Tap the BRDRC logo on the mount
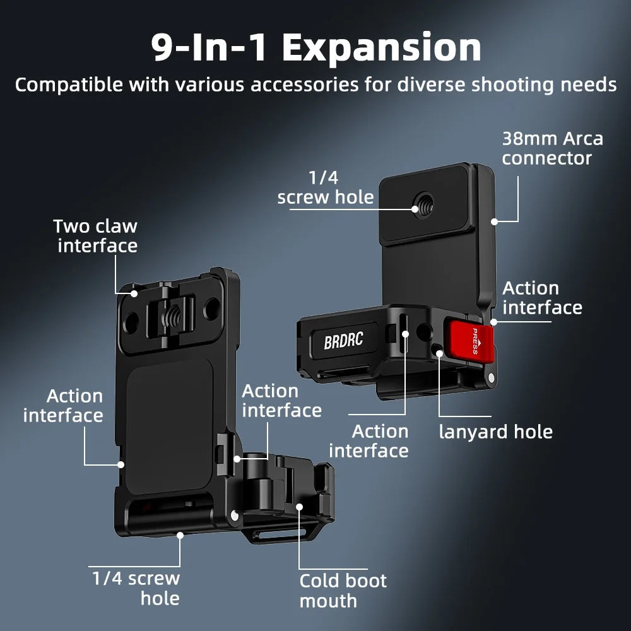(x=343, y=341)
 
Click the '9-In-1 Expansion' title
(x=316, y=47)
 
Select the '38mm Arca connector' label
(x=553, y=148)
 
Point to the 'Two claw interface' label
(x=96, y=236)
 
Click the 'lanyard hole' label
(x=495, y=432)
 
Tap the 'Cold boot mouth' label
(x=343, y=591)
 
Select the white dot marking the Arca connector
(x=494, y=221)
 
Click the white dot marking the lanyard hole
(x=439, y=353)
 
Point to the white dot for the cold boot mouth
(x=299, y=506)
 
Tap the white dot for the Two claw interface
(x=134, y=293)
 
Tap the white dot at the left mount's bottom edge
(x=180, y=535)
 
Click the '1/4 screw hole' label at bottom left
(x=136, y=588)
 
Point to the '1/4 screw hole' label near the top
(x=326, y=187)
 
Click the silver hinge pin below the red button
(x=490, y=377)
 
